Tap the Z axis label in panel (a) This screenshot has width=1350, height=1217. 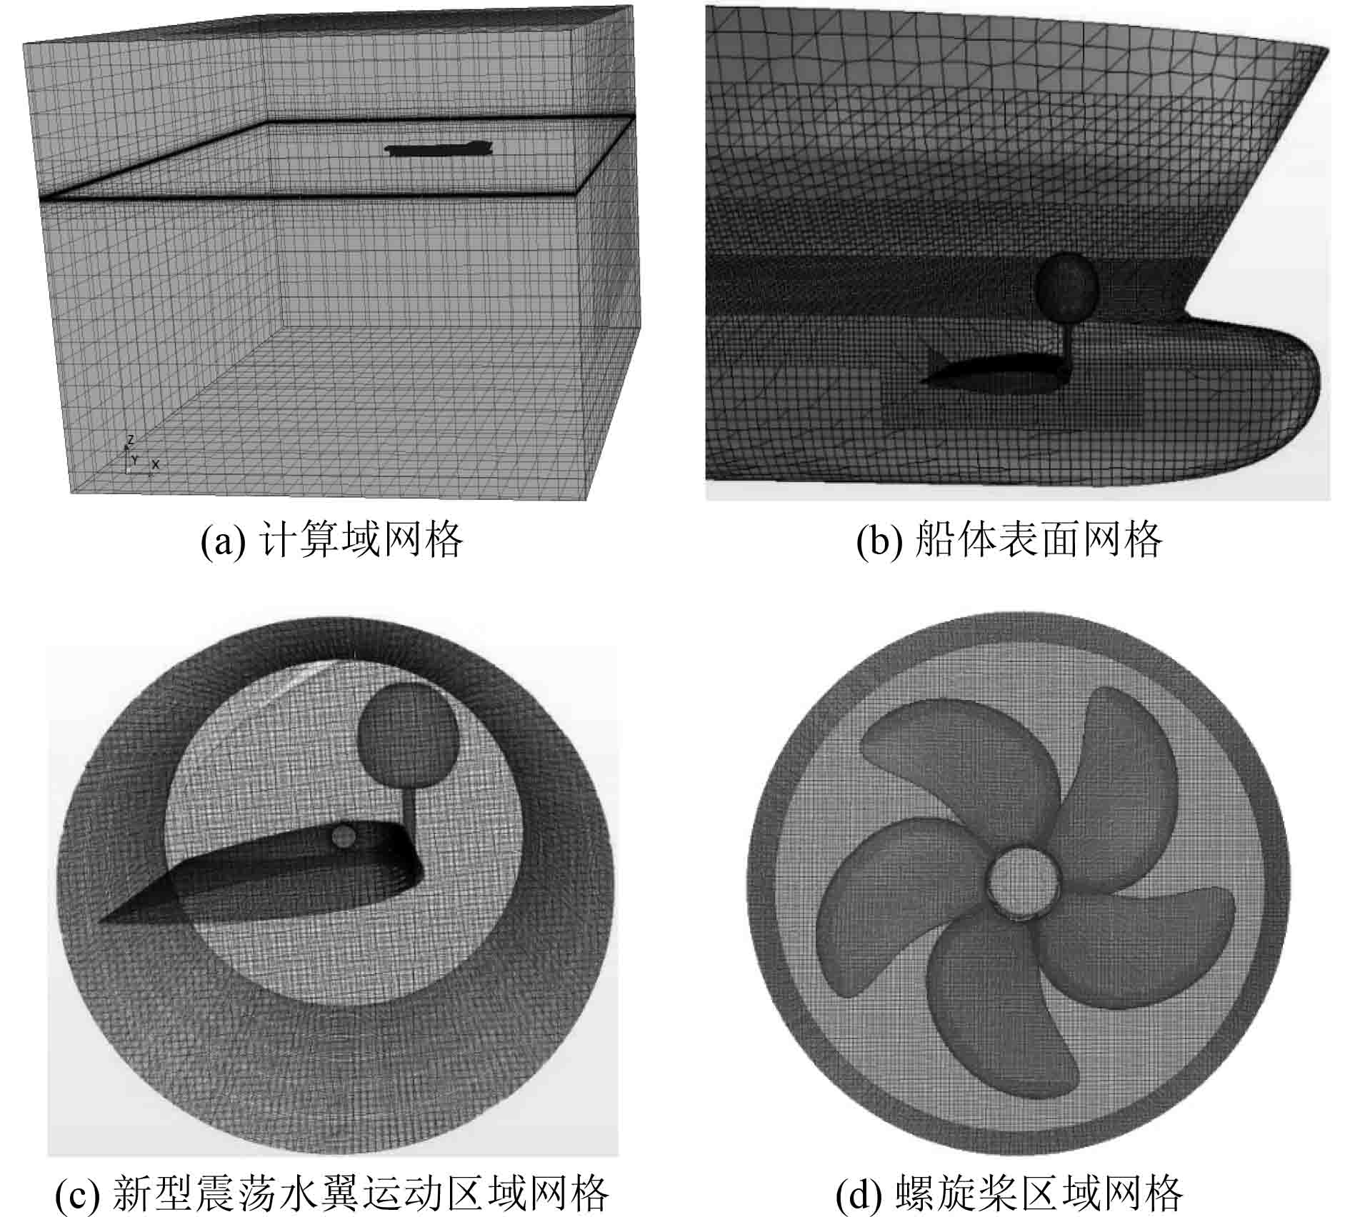(x=130, y=440)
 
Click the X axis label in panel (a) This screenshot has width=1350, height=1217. (x=156, y=464)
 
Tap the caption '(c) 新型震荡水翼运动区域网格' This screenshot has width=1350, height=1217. (x=332, y=1192)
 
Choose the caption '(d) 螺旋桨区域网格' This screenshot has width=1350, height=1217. (x=1009, y=1192)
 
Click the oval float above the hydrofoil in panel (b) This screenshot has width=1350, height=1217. (x=1066, y=289)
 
